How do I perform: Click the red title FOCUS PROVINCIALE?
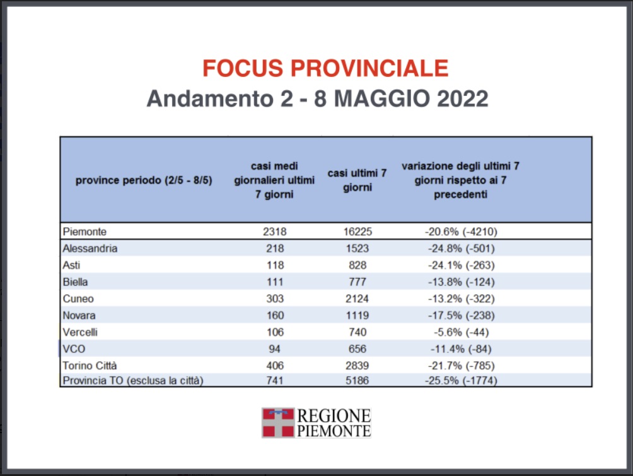(325, 68)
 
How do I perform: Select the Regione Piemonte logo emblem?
(278, 422)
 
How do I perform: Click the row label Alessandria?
(90, 248)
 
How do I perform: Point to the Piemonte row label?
(84, 231)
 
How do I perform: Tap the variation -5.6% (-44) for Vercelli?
(460, 332)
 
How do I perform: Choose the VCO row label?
(74, 349)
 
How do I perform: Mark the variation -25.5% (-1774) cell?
(460, 381)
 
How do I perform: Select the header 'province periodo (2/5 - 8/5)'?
(144, 180)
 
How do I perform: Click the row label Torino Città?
(90, 366)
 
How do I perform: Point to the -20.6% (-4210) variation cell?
(460, 231)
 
